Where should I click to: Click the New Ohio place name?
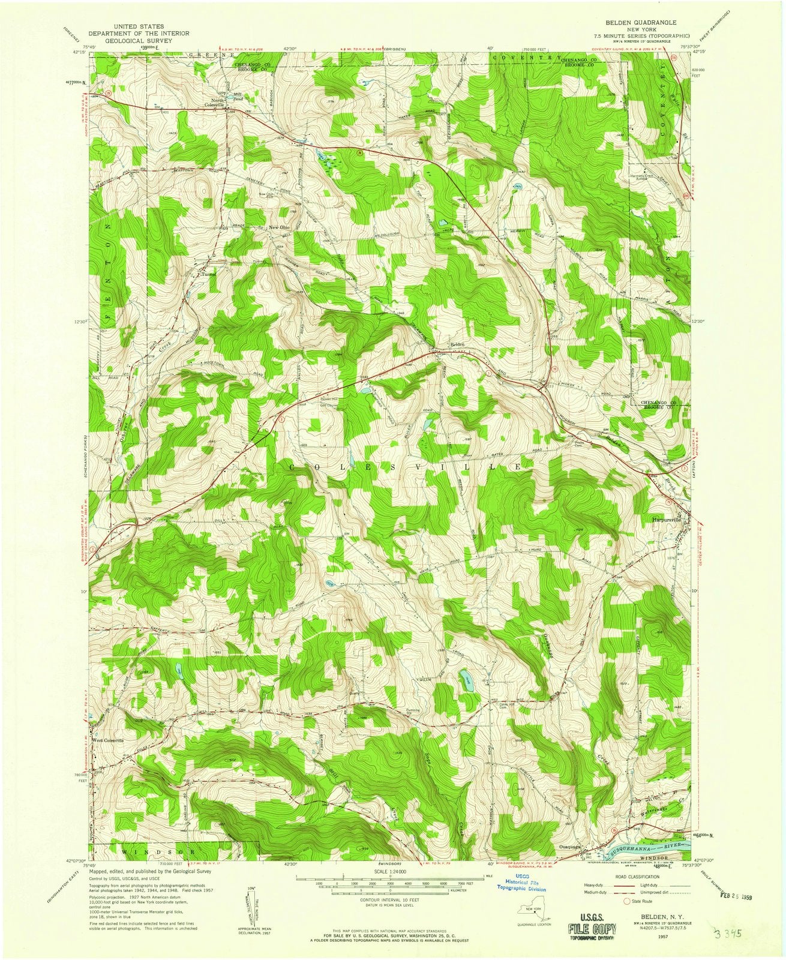click(x=279, y=227)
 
